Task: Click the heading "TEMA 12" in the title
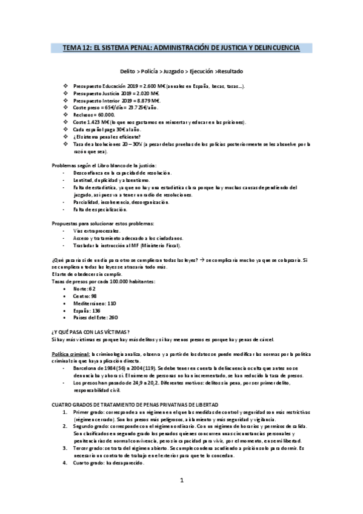pyautogui.click(x=75, y=47)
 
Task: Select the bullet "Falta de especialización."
pyautogui.click(x=100, y=209)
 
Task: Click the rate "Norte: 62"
pyautogui.click(x=84, y=289)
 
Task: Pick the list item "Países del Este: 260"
pyautogui.click(x=95, y=317)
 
